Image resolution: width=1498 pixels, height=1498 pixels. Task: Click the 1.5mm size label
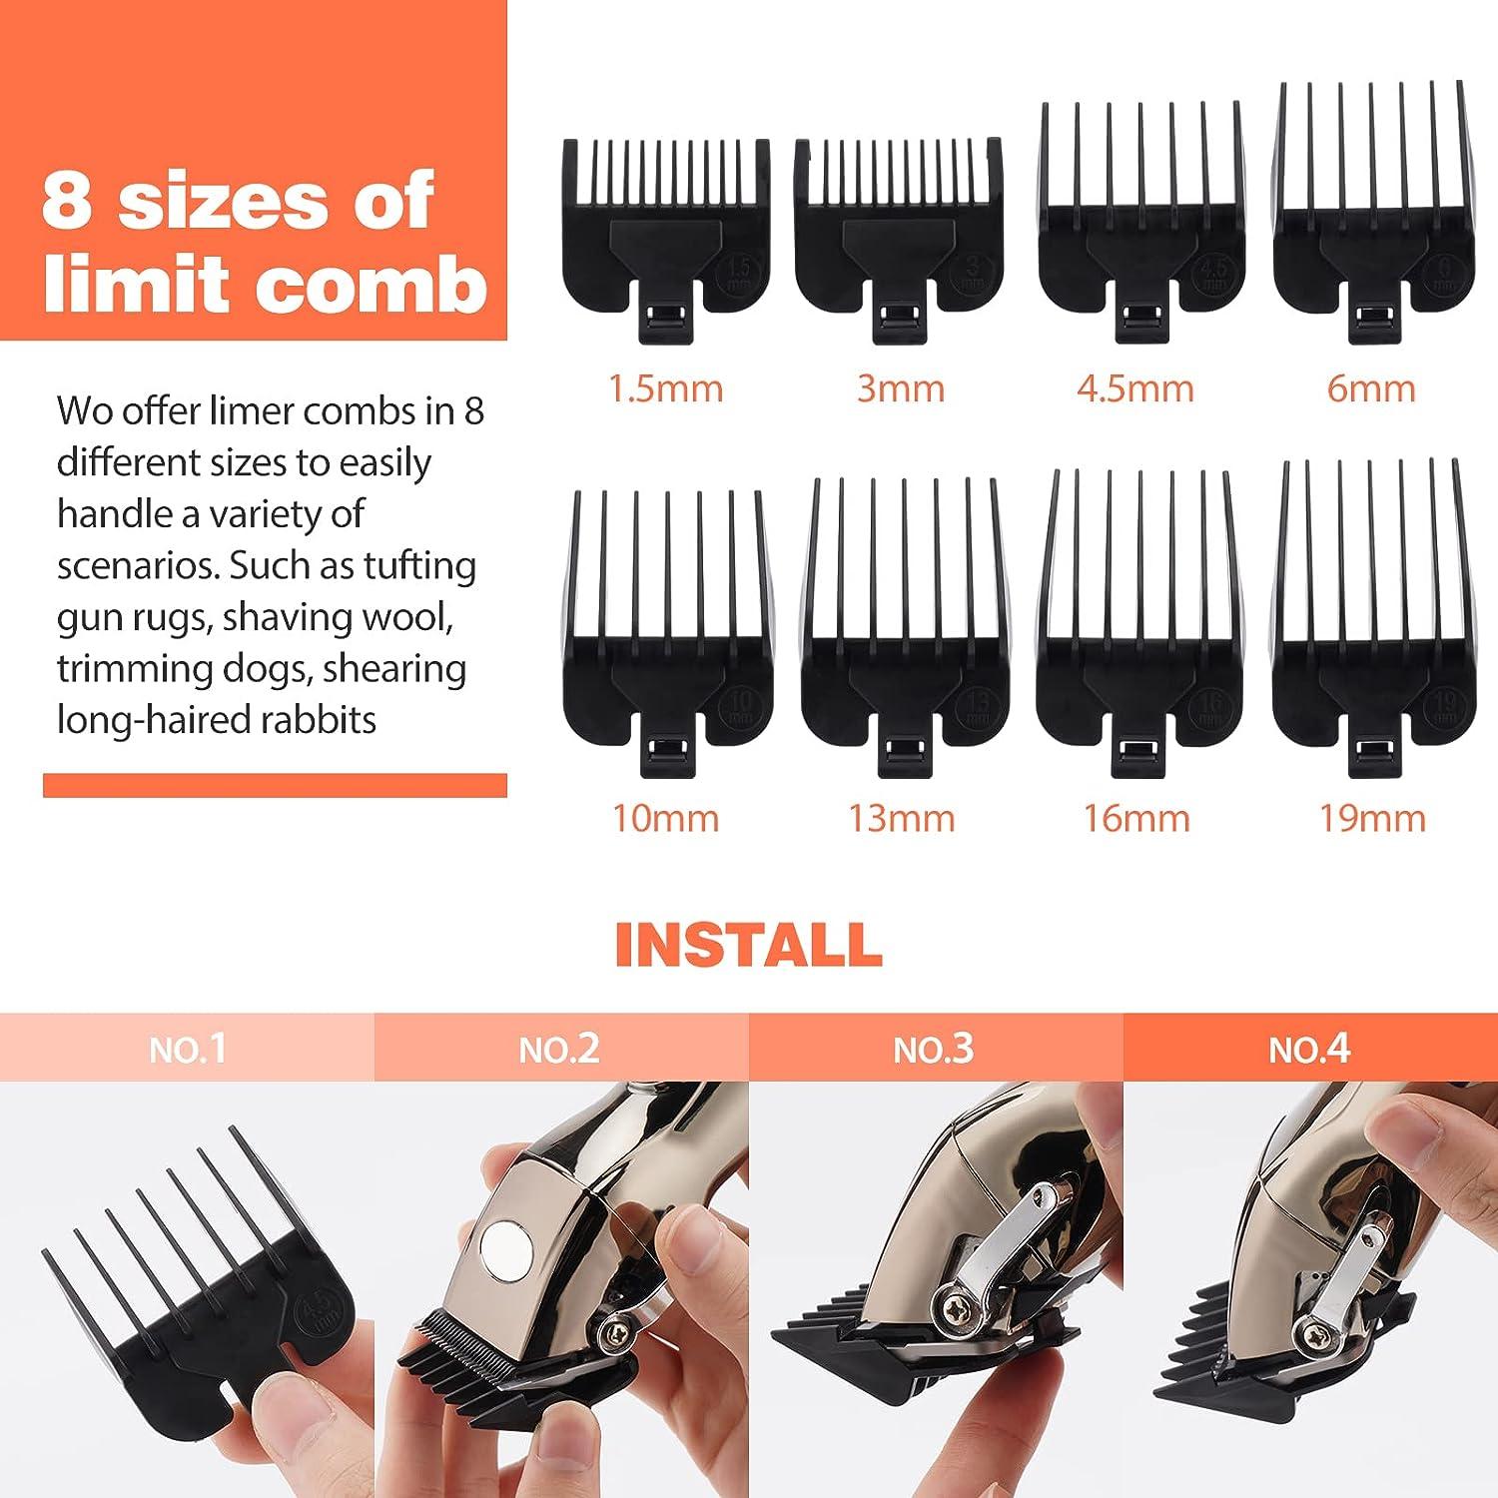pyautogui.click(x=666, y=388)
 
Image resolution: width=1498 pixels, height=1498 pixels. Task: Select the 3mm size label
pyautogui.click(x=901, y=388)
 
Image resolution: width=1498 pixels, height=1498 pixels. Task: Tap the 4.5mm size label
pyautogui.click(x=1135, y=388)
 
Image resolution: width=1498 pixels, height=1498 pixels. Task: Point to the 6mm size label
pyautogui.click(x=1371, y=388)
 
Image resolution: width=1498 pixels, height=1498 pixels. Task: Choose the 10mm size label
pyautogui.click(x=666, y=819)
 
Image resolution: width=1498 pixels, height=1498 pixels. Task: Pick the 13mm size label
pyautogui.click(x=902, y=819)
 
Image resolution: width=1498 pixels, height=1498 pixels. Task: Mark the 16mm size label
pyautogui.click(x=1137, y=819)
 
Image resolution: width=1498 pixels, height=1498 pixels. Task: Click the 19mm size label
pyautogui.click(x=1372, y=819)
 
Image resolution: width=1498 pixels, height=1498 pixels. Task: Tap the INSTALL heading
pyautogui.click(x=748, y=945)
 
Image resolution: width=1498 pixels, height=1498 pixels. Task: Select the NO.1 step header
pyautogui.click(x=188, y=1049)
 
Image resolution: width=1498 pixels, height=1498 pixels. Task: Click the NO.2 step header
pyautogui.click(x=560, y=1049)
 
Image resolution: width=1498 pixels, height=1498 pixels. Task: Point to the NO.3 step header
pyautogui.click(x=934, y=1049)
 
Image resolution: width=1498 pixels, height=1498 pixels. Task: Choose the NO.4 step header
pyautogui.click(x=1309, y=1049)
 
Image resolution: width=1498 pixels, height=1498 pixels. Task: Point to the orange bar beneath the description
pyautogui.click(x=275, y=785)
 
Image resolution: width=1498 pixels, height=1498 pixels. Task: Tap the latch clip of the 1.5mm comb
pyautogui.click(x=665, y=320)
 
